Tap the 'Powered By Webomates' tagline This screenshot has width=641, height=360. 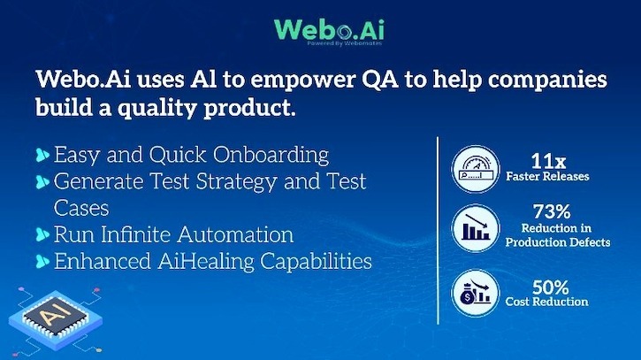pyautogui.click(x=340, y=43)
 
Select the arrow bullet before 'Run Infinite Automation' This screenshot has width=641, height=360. pyautogui.click(x=42, y=236)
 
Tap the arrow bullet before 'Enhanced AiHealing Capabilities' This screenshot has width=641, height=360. pyautogui.click(x=42, y=263)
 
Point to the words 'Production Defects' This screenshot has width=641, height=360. pyautogui.click(x=558, y=242)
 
